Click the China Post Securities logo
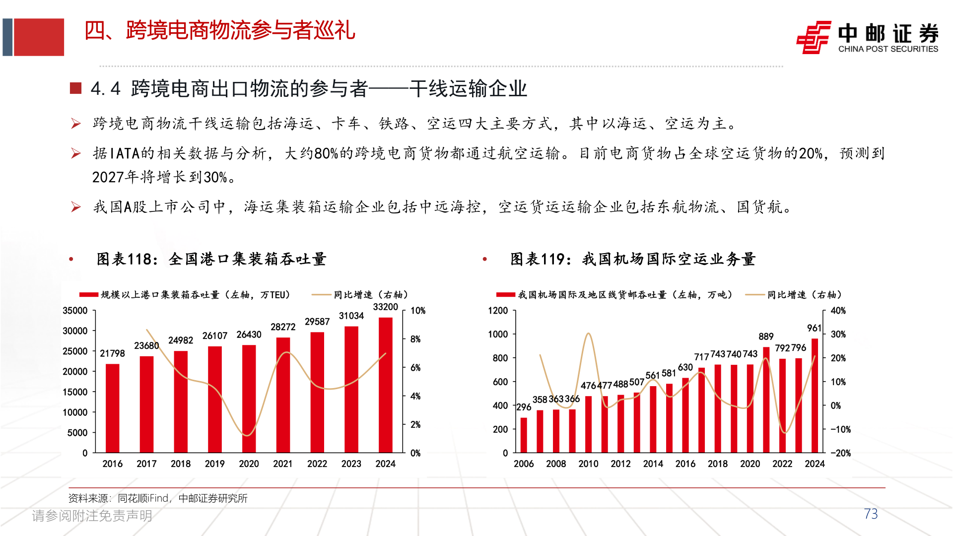(867, 37)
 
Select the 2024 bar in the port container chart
(385, 385)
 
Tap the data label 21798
(112, 353)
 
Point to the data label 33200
(385, 307)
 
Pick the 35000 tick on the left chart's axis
(75, 311)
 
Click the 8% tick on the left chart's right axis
(415, 339)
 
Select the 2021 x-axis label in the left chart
(283, 464)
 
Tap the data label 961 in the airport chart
(814, 328)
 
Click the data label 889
(766, 336)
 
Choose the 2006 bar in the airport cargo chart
(524, 435)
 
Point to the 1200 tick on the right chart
(498, 311)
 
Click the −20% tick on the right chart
(840, 453)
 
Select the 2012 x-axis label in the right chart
(620, 464)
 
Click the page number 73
(871, 514)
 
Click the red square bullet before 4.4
(75, 88)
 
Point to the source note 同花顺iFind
(158, 498)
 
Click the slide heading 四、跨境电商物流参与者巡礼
(220, 31)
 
